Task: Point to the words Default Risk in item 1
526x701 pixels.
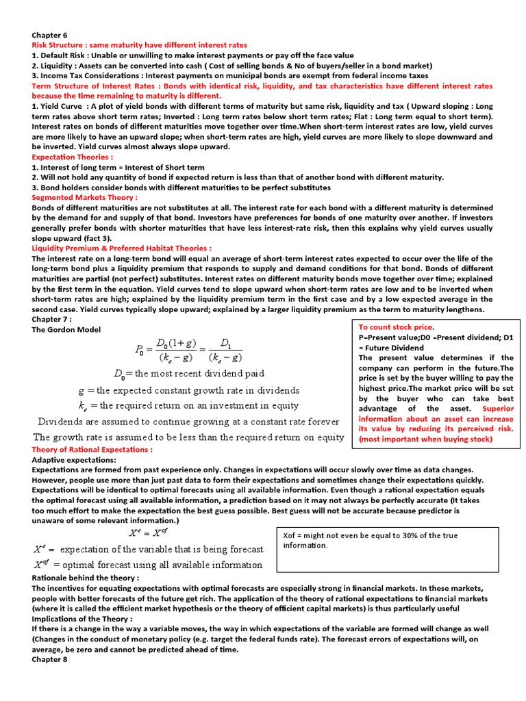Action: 64,55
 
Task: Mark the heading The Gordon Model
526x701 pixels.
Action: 66,329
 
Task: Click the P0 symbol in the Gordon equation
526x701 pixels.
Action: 140,350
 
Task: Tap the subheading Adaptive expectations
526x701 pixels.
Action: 74,460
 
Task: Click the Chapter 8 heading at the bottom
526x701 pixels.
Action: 50,659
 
